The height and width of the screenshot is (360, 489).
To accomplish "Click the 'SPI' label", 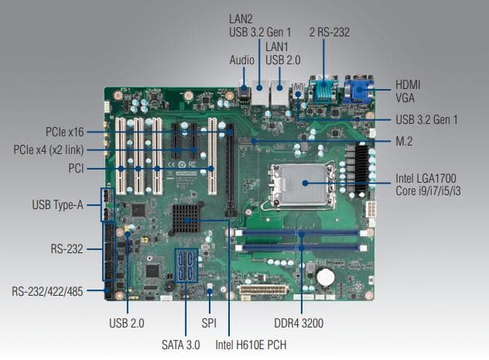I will point(209,323).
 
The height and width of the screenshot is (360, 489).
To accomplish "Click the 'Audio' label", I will point(241,60).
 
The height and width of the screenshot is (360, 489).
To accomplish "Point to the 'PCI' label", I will point(77,168).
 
